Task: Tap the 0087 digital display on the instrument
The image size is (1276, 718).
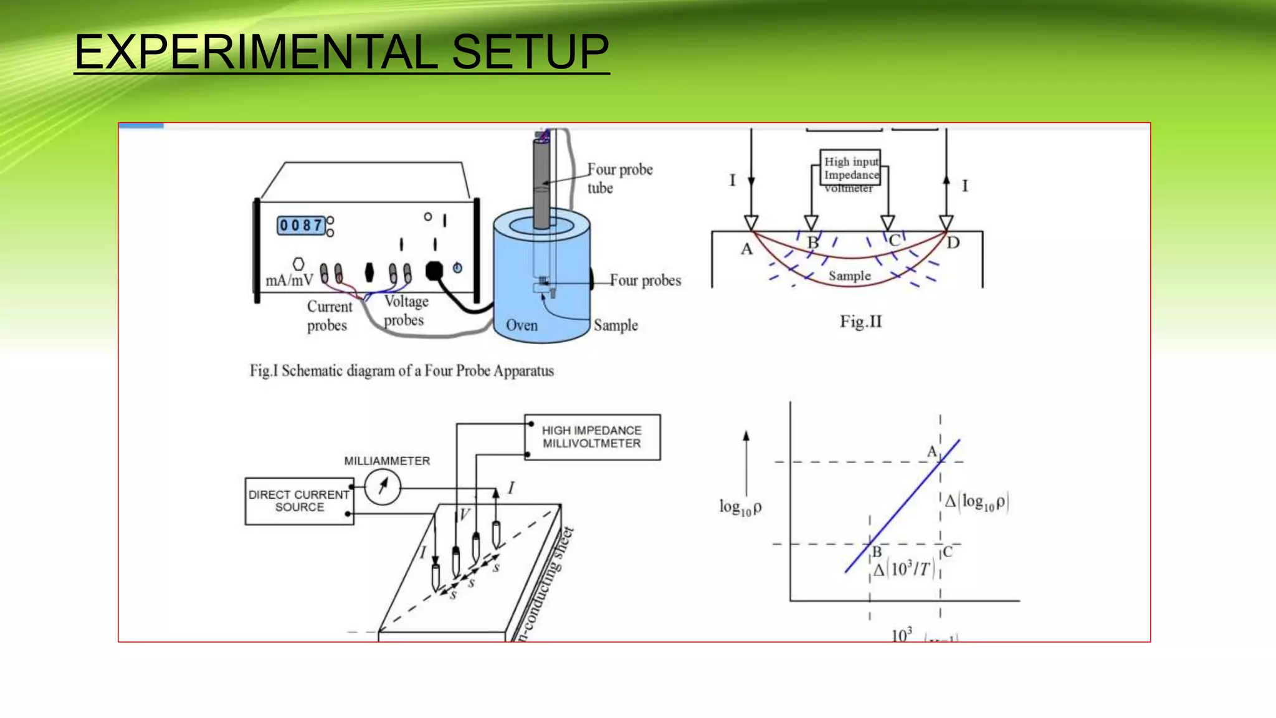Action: (301, 225)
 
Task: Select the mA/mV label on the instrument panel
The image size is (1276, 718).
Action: (289, 280)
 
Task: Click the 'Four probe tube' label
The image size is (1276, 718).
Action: (619, 178)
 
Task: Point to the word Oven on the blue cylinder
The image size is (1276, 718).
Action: (521, 325)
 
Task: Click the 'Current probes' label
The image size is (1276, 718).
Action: (329, 316)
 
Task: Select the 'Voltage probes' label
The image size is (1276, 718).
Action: (406, 310)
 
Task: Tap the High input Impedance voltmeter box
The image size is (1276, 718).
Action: (850, 168)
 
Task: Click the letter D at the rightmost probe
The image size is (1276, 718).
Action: (953, 242)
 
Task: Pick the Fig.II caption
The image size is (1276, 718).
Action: (860, 322)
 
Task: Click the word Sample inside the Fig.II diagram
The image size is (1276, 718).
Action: (849, 275)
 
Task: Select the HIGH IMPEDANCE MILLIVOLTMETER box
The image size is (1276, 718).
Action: (592, 437)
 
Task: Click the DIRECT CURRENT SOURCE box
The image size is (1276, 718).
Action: (299, 501)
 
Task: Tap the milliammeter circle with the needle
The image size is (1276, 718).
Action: (383, 487)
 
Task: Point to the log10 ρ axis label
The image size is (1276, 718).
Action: (740, 507)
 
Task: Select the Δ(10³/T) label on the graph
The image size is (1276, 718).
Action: (903, 569)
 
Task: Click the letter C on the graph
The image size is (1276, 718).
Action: (948, 552)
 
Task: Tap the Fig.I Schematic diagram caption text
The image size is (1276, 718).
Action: (402, 371)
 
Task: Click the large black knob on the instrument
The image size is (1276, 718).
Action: (434, 270)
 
